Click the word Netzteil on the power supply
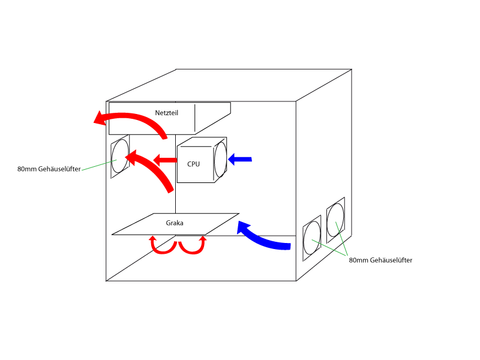point(166,112)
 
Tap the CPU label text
point(193,164)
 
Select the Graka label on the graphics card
point(175,223)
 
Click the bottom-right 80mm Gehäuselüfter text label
point(380,260)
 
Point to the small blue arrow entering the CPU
point(241,159)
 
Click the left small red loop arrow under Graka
point(161,245)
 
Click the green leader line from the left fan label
point(96,166)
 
